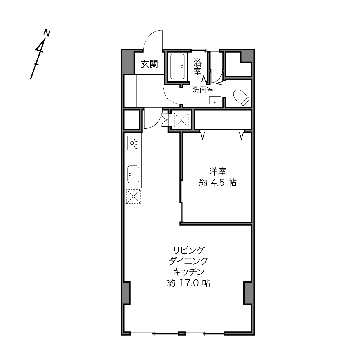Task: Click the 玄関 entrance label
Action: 149,65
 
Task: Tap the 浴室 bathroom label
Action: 197,67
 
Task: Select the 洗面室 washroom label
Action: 203,90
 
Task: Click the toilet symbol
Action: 241,97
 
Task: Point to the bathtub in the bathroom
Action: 177,67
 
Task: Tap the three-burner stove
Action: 133,143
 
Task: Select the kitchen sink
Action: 133,174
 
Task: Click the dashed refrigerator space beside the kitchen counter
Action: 133,197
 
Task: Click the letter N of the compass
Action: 47,33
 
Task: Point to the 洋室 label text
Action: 217,172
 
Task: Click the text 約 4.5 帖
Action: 217,183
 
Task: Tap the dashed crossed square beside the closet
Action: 181,120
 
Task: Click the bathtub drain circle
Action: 181,67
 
